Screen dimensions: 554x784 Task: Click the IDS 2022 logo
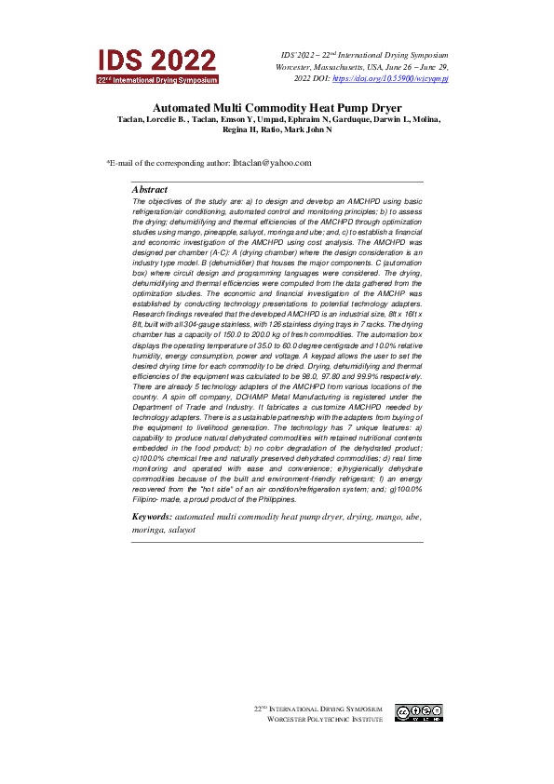coord(157,65)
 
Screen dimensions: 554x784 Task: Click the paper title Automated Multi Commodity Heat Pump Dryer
coord(277,108)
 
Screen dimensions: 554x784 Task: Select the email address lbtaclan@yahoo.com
coord(271,163)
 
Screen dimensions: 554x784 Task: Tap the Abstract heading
coord(150,189)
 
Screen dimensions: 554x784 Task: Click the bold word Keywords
coord(152,515)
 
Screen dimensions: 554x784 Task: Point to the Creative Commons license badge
coord(419,712)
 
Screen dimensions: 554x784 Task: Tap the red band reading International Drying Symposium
coord(157,80)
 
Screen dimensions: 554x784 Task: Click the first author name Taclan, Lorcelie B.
coord(154,120)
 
